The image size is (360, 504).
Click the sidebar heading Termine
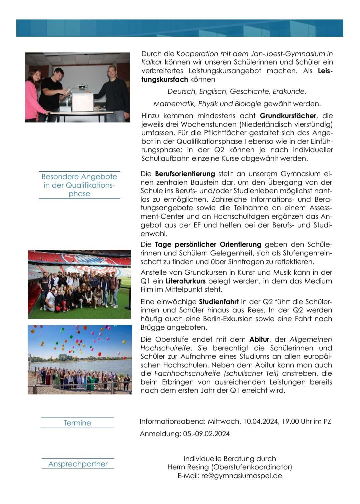click(77, 423)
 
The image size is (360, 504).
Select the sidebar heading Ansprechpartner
click(78, 464)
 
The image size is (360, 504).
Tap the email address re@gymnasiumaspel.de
click(242, 476)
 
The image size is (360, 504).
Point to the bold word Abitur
click(259, 339)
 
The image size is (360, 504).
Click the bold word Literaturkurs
click(185, 281)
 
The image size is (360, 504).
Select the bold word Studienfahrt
click(219, 302)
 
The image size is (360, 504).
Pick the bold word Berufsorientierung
click(185, 174)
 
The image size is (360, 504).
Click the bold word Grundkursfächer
click(288, 116)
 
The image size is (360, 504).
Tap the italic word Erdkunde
click(289, 91)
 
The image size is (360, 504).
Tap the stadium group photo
click(79, 284)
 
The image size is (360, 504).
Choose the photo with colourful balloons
click(80, 360)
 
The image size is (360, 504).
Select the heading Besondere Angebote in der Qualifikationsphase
click(79, 185)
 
